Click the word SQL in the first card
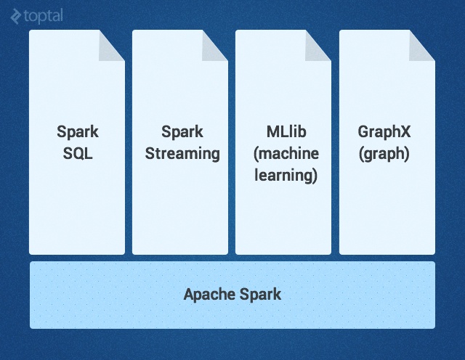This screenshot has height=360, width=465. click(x=77, y=154)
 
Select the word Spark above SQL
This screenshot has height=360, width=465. click(x=77, y=133)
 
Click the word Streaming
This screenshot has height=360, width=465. click(x=182, y=154)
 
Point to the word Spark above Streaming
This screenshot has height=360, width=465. click(x=182, y=133)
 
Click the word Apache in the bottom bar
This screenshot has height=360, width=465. click(x=208, y=295)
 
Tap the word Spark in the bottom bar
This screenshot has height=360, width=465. click(x=260, y=295)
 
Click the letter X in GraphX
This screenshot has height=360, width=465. click(x=406, y=133)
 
